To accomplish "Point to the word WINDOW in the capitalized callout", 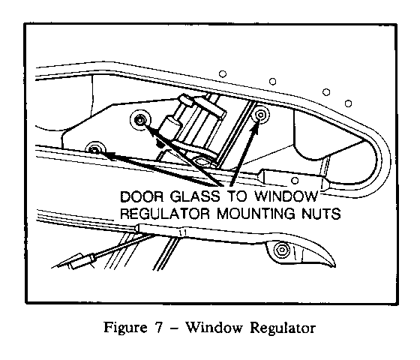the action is pos(286,196).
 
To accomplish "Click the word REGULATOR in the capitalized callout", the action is pos(165,214).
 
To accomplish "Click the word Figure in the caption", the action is pos(125,328).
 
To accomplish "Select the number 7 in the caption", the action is pos(158,327).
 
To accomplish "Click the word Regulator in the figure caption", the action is pos(283,328).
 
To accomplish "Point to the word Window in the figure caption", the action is pos(214,327).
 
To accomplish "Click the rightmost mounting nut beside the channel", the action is pos(260,115).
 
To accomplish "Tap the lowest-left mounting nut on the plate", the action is pos(94,149).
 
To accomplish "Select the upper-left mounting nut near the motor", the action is pos(139,120).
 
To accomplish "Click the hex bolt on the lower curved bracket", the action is pos(281,250).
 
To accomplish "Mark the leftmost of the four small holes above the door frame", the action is pos(223,73).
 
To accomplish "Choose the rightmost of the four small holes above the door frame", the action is pos(348,103).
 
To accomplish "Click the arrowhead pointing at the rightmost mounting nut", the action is pos(255,127).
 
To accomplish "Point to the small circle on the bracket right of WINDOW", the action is pos(295,181).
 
